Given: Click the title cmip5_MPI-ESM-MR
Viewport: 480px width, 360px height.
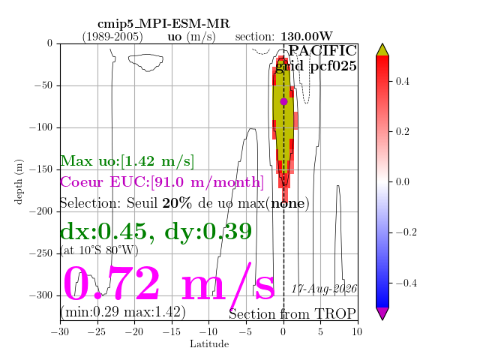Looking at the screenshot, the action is (x=163, y=24).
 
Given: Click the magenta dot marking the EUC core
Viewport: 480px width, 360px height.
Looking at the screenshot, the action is (x=283, y=102).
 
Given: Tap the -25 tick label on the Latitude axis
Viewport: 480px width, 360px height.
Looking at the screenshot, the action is (x=97, y=331).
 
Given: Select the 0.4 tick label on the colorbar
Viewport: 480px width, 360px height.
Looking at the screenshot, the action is (x=403, y=82).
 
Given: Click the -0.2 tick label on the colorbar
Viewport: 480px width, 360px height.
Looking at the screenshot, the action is (x=406, y=232).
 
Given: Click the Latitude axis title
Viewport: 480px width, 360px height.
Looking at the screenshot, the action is (x=209, y=344).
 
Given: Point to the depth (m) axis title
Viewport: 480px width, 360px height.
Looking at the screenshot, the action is (x=18, y=181).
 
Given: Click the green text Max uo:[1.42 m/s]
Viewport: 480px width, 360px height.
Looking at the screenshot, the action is (x=127, y=161).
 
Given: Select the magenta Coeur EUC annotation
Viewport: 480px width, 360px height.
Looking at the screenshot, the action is (x=162, y=182).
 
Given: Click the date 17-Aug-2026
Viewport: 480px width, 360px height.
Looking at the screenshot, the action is (x=324, y=289).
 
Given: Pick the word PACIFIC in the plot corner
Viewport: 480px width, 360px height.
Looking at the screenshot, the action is (x=322, y=51).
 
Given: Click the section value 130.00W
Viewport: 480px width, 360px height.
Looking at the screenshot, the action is (x=307, y=37).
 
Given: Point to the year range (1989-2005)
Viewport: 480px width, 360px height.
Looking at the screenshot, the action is (x=112, y=37).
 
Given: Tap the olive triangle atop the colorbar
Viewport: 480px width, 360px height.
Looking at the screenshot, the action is (x=382, y=50).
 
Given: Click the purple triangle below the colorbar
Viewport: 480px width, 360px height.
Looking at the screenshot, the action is (x=382, y=313).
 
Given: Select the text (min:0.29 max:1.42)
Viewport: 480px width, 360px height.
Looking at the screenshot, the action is (x=123, y=312).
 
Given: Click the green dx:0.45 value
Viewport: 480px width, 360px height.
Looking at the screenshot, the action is (x=103, y=232).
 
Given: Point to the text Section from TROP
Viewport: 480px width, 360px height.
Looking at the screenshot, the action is (x=292, y=314).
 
